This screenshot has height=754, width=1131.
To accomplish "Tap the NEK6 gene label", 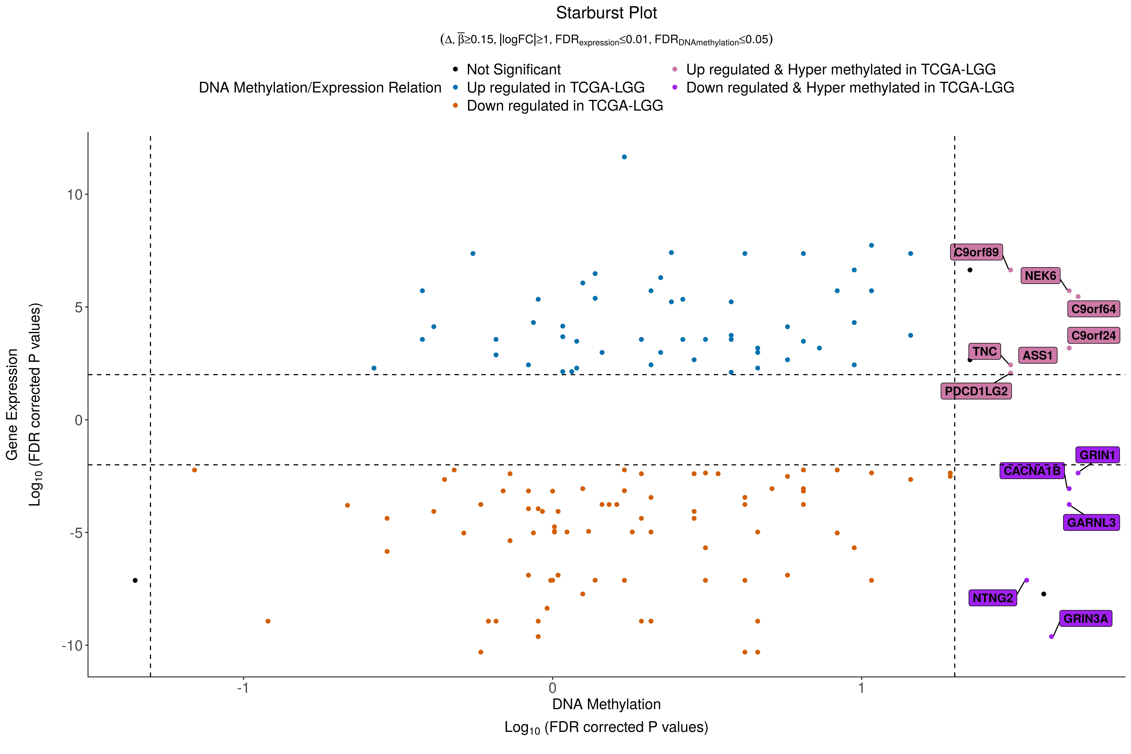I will click(x=1040, y=276).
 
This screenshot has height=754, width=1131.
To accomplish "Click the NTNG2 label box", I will click(x=993, y=598).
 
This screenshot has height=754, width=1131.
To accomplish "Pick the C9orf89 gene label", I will click(x=976, y=252).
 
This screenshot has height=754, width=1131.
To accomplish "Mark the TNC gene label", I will click(x=984, y=351).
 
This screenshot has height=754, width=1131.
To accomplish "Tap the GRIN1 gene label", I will click(x=1097, y=455).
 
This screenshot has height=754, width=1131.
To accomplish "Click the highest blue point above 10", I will click(x=624, y=157).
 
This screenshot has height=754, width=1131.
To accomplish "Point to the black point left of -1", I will click(x=135, y=580).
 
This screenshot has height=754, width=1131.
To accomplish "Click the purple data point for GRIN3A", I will click(x=1051, y=637).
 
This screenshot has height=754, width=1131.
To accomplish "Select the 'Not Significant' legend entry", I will click(x=513, y=70).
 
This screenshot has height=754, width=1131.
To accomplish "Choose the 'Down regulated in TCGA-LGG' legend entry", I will click(x=564, y=106).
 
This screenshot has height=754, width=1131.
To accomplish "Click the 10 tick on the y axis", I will click(x=75, y=195).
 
